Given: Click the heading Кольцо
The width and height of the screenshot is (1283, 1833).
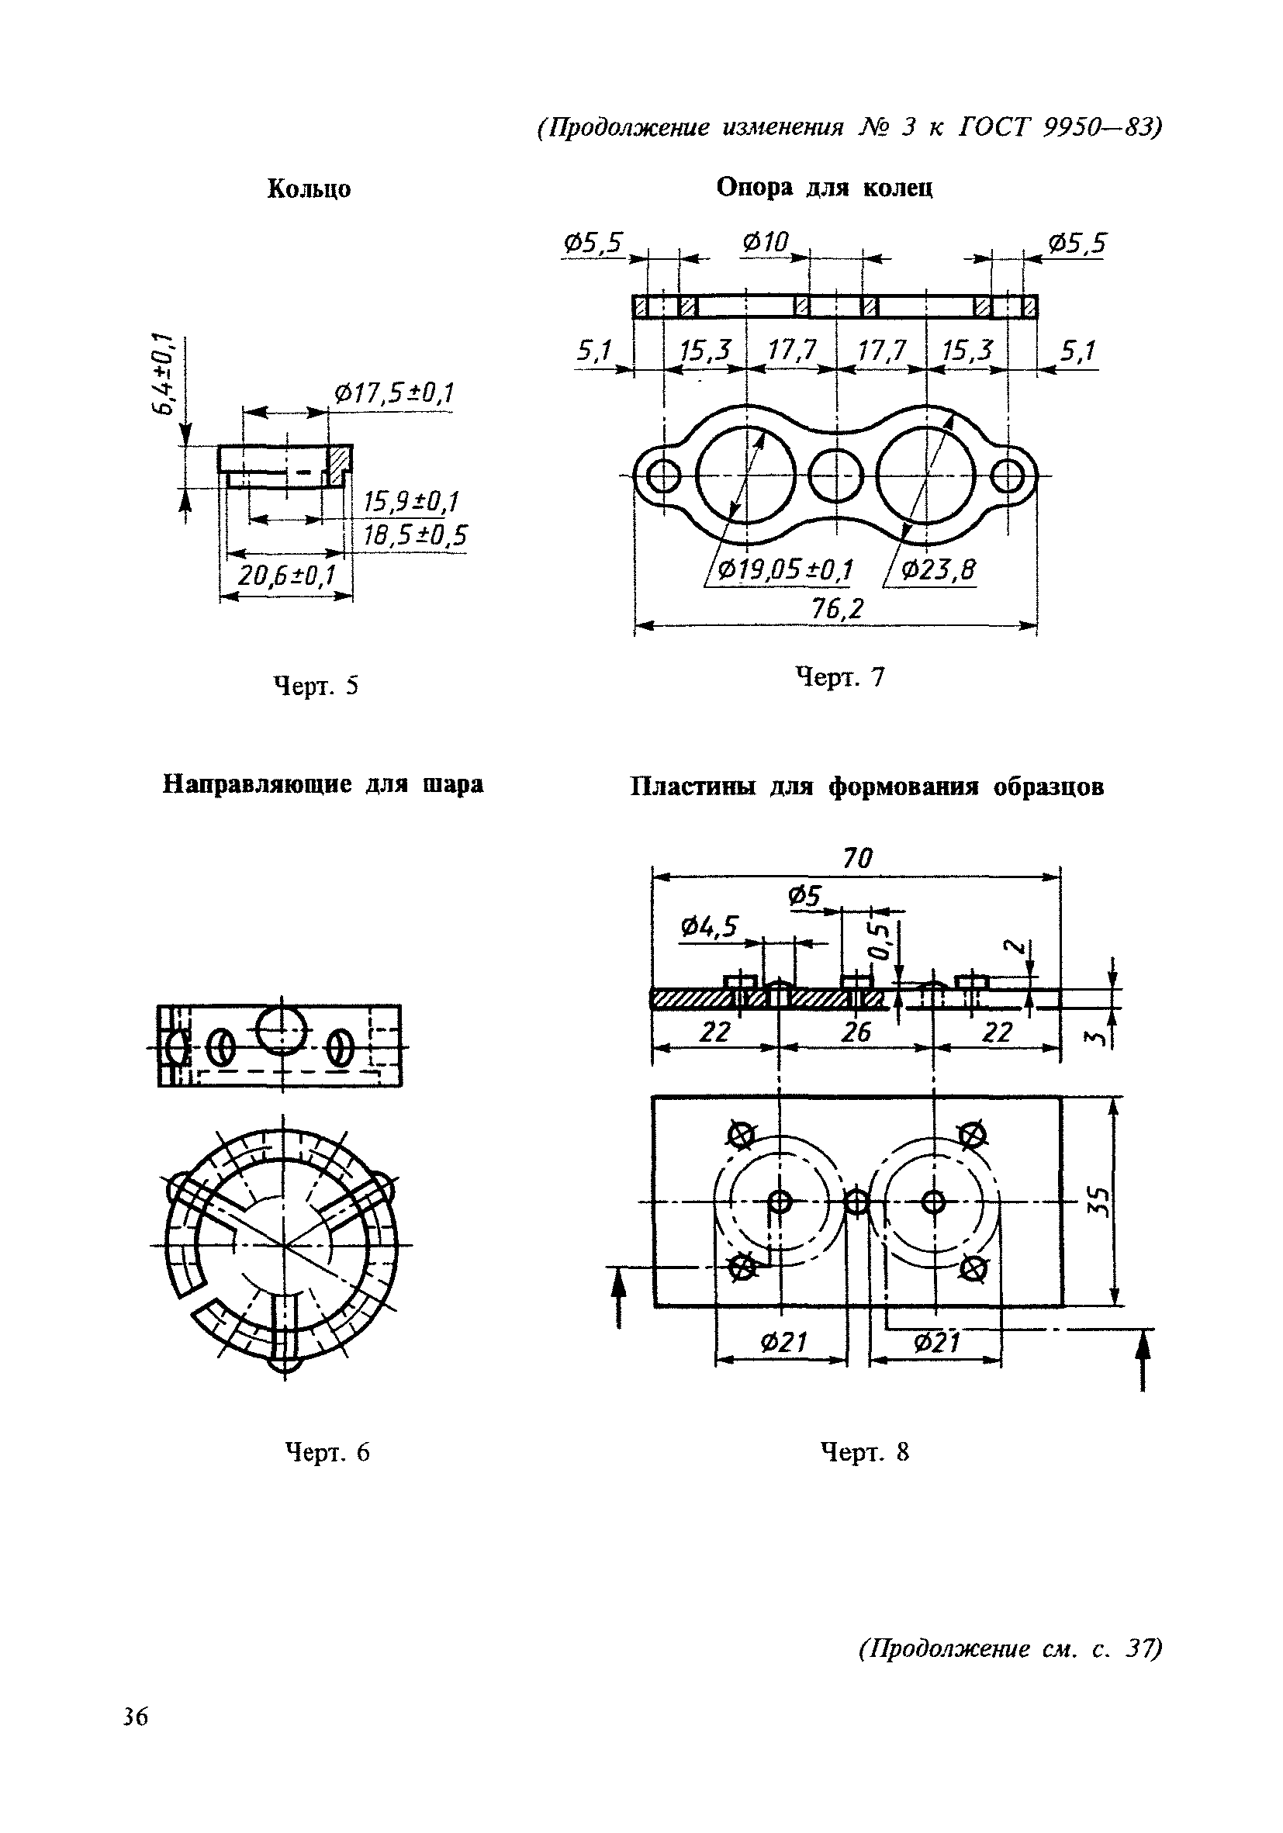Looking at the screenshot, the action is coord(309,189).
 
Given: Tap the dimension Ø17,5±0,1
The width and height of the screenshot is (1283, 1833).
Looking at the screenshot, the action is coord(394,393).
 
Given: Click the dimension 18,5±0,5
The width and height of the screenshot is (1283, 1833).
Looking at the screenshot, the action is coord(415,535).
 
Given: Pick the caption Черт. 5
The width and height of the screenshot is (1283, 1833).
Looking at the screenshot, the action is coord(316,686).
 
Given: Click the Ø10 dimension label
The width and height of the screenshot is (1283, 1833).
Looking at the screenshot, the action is coord(765,241).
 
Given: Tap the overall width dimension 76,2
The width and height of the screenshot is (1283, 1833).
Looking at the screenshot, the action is coord(838,609).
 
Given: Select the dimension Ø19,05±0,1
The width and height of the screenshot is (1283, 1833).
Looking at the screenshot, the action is coord(786,570).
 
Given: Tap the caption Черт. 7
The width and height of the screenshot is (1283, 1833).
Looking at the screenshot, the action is coord(841,678).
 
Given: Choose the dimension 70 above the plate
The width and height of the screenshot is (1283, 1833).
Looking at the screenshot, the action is coord(857,858).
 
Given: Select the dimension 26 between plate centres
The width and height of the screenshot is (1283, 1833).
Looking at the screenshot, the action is coord(856,1033).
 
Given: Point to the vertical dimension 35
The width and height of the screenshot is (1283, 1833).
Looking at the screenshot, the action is coord(1098,1201).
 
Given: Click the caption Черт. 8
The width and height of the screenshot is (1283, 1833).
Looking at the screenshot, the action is coord(866,1452).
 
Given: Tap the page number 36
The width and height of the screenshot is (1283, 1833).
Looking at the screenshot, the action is coord(136,1717).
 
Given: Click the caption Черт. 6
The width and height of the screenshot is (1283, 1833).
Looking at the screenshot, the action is coord(328,1452).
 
